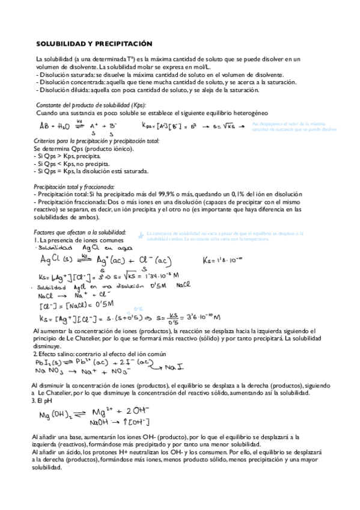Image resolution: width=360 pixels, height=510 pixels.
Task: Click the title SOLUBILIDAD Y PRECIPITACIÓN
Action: [94, 45]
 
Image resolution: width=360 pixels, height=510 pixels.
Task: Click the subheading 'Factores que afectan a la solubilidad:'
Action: [80, 232]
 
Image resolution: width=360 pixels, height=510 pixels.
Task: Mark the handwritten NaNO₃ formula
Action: [49, 373]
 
